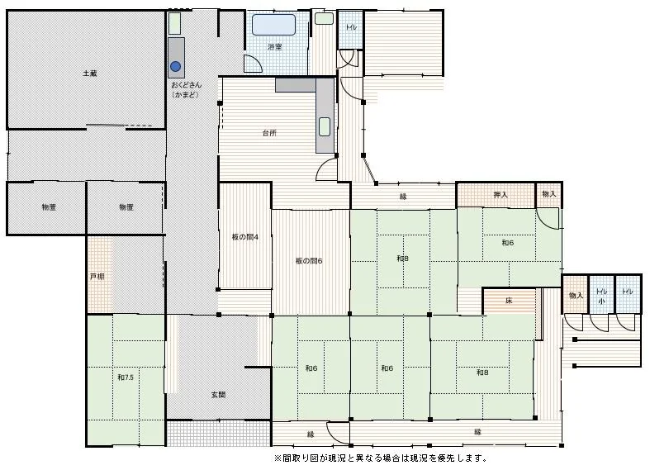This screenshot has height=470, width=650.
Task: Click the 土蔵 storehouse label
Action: tap(89, 74)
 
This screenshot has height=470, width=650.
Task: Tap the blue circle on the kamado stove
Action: tap(176, 66)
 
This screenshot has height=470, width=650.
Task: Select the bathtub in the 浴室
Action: tap(274, 25)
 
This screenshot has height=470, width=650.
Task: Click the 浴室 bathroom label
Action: tap(275, 47)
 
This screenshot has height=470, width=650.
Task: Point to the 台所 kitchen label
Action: tap(269, 133)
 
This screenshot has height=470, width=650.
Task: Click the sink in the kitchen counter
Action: tap(325, 127)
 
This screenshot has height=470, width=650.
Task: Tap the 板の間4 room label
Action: tap(245, 238)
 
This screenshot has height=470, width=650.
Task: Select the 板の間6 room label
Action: tap(309, 261)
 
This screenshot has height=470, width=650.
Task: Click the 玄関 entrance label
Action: tap(219, 395)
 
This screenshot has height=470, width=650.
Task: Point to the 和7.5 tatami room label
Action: tap(126, 377)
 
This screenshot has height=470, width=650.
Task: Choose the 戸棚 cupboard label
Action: tap(97, 277)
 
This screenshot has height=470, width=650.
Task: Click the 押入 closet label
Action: tap(501, 194)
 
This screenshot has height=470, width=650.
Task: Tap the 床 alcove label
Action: tap(509, 301)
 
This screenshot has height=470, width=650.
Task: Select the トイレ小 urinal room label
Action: tap(601, 297)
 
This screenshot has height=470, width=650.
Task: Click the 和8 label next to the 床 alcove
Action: tap(482, 373)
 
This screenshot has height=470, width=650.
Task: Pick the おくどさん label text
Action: tap(187, 85)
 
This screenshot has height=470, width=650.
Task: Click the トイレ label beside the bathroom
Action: tap(351, 28)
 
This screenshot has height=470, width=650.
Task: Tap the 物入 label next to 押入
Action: tap(549, 194)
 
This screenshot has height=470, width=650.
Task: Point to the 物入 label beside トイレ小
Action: tap(576, 296)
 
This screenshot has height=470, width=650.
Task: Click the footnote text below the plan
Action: tap(381, 458)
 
